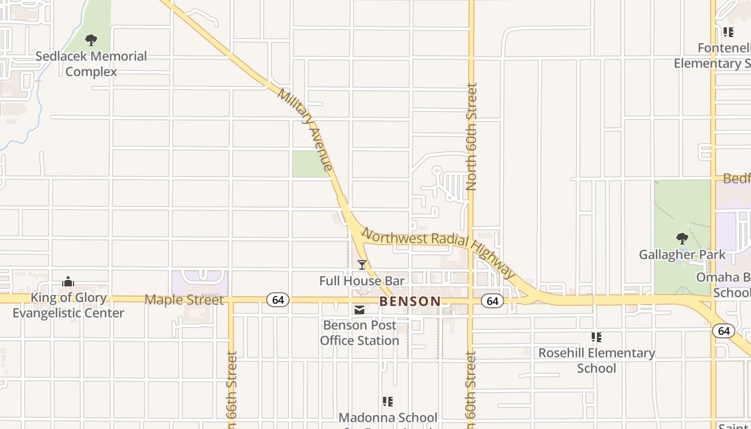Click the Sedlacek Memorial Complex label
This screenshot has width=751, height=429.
[x=91, y=64]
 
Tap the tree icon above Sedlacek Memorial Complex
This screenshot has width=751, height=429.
[x=91, y=40]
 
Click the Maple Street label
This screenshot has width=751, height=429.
[x=184, y=300]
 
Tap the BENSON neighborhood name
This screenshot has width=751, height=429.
[x=410, y=301]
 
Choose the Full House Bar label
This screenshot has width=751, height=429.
[x=362, y=280]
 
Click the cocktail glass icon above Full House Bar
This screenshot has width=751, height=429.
[x=362, y=264]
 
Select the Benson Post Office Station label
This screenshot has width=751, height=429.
[x=359, y=332]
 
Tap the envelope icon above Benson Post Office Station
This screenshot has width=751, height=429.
[x=359, y=310]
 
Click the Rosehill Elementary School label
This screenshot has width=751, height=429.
[x=597, y=360]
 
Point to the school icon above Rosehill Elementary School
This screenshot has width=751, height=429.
[x=596, y=337]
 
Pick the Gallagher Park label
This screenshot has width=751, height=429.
[x=682, y=255]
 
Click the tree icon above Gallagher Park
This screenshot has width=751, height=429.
[x=682, y=238]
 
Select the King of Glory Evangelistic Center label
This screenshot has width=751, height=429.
[x=69, y=305]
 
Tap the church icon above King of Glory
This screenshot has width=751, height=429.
[x=68, y=282]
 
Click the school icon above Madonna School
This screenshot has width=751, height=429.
[x=388, y=401]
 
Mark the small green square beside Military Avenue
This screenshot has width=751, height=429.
[x=310, y=164]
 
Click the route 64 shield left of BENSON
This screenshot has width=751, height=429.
[x=278, y=300]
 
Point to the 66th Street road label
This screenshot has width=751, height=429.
[x=231, y=389]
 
